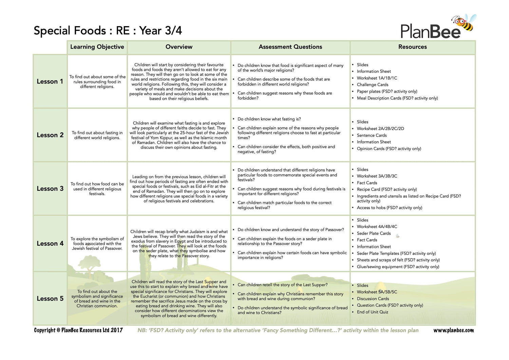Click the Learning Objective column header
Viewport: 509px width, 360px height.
(97, 47)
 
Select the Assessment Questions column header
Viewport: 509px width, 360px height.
(290, 47)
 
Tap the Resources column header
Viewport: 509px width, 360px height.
(412, 47)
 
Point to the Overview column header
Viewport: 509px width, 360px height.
(179, 47)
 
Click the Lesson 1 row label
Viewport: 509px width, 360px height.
(50, 81)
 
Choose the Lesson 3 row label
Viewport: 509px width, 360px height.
(50, 189)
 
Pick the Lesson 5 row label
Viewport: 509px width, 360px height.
(50, 299)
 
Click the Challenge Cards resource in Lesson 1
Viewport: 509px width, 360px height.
(372, 85)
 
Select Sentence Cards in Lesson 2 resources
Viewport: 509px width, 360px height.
(372, 135)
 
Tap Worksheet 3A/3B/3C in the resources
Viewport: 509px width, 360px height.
(377, 176)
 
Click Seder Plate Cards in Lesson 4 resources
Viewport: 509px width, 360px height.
(374, 233)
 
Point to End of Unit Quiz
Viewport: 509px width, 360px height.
(372, 312)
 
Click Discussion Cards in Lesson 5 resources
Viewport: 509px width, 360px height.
(373, 299)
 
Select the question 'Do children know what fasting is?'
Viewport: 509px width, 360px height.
(269, 119)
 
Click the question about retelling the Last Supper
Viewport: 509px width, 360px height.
(282, 285)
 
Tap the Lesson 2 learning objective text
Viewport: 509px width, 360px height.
(97, 135)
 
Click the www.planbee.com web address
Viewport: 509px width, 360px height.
(453, 330)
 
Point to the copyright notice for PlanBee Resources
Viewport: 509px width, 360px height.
(78, 330)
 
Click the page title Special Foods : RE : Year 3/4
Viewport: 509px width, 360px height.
(108, 31)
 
